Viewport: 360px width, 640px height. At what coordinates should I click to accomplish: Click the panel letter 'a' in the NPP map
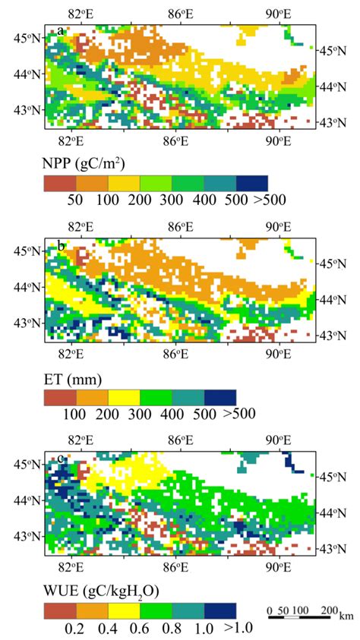60,31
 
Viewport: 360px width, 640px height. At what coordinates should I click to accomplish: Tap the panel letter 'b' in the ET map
60,244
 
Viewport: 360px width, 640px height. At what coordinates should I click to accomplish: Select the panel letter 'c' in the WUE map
60,458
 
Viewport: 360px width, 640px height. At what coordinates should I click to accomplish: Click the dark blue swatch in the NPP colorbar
252,183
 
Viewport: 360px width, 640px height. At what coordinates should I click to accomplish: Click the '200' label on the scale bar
327,611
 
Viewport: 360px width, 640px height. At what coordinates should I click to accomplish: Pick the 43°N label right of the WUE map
332,547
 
